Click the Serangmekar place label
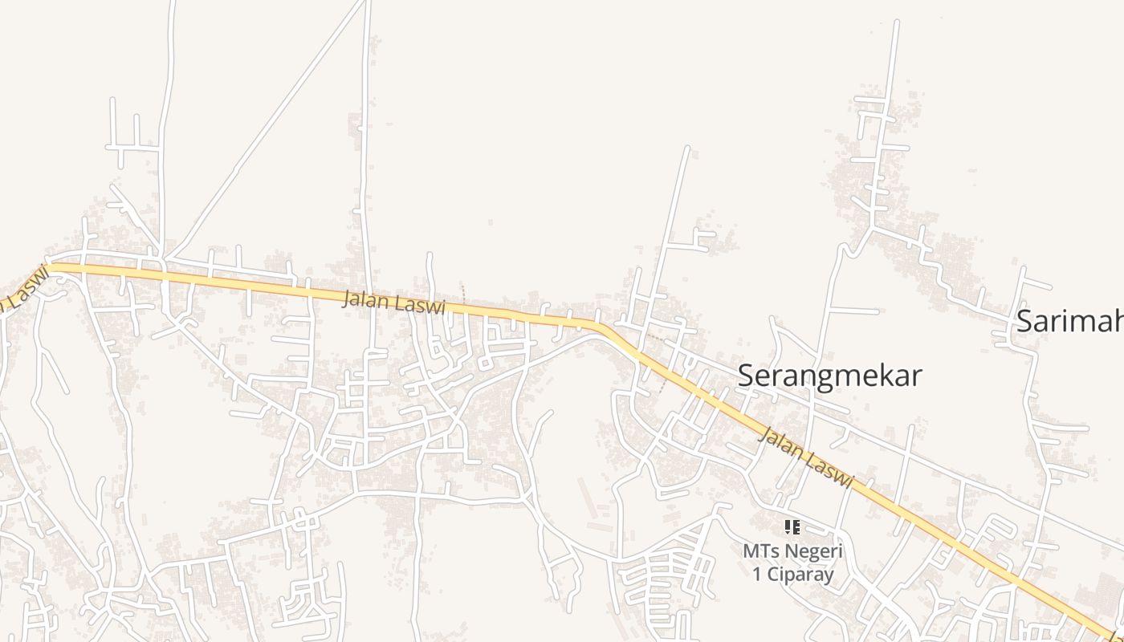(829, 376)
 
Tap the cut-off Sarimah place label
(1069, 321)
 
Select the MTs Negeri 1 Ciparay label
(792, 563)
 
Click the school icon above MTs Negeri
(792, 527)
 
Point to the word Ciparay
(802, 575)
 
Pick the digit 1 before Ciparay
(757, 575)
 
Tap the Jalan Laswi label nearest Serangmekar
(804, 457)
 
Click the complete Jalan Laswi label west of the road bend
(393, 303)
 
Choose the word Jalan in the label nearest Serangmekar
(780, 443)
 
